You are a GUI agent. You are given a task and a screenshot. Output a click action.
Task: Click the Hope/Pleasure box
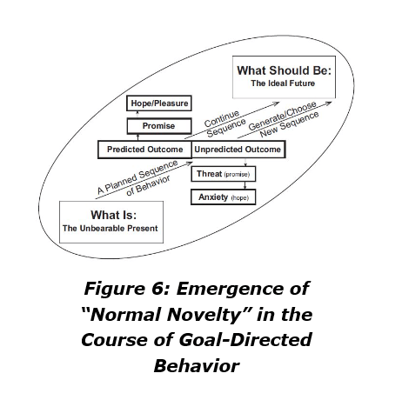(159, 103)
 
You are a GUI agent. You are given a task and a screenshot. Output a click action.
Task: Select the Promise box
(159, 126)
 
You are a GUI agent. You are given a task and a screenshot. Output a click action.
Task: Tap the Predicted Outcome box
(144, 150)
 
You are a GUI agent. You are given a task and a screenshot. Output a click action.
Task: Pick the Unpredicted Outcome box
(238, 150)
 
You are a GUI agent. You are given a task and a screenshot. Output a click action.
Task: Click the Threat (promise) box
(224, 174)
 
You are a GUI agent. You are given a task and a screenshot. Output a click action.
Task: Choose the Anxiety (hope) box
(224, 197)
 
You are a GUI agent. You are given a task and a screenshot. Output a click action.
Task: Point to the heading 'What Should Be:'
(284, 70)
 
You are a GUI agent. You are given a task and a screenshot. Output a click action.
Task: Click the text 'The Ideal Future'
(283, 83)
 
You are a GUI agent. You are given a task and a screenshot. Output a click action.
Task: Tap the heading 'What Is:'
(113, 215)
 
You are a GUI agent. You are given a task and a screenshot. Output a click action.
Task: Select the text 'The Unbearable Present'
(111, 229)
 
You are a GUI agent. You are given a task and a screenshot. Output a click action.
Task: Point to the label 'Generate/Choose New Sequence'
(284, 120)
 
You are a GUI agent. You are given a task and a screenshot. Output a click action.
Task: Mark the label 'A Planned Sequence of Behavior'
(137, 178)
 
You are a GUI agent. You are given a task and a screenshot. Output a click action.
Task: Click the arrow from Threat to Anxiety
(245, 185)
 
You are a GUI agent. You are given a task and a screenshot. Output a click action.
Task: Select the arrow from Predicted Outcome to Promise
(137, 137)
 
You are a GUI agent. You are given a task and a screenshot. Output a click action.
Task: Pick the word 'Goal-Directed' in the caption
(245, 340)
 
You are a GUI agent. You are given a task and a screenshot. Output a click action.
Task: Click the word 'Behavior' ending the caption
(197, 366)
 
